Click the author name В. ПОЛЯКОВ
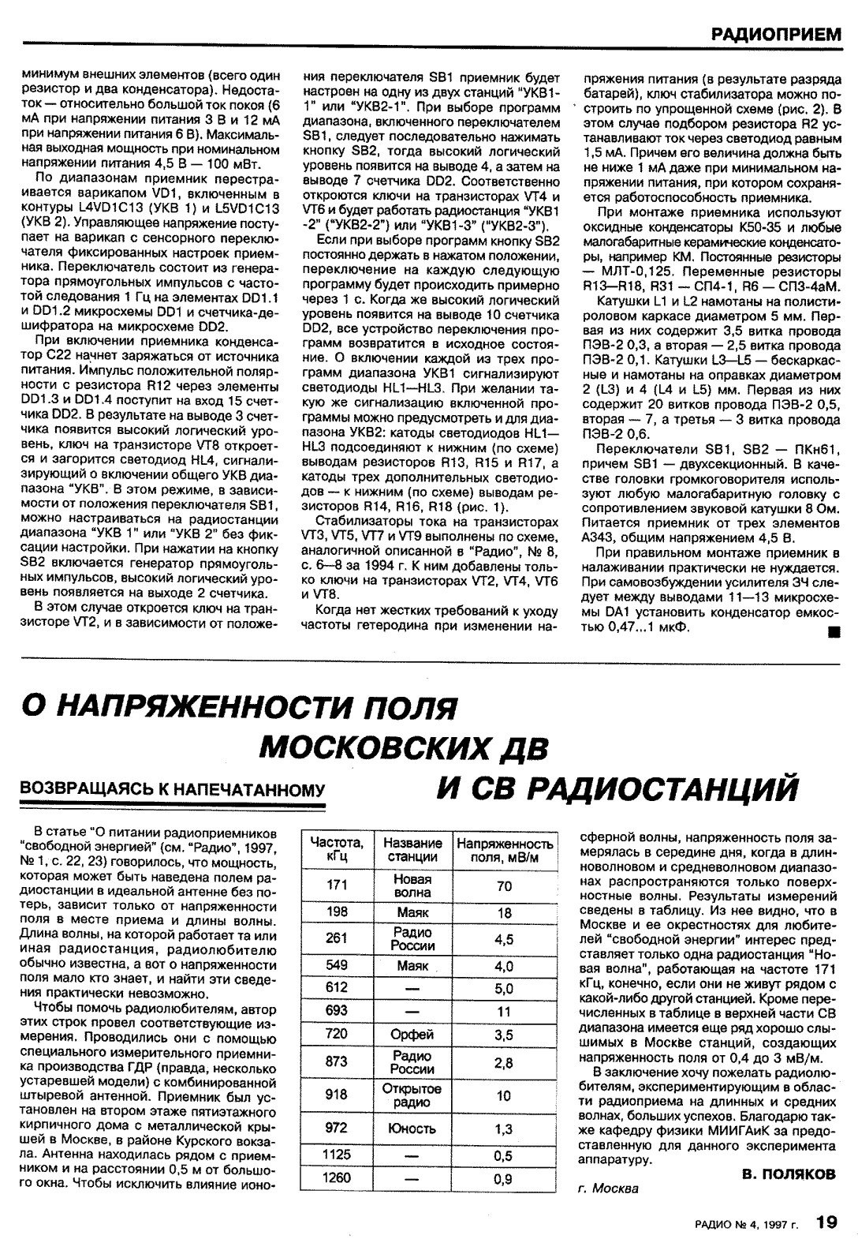click(x=788, y=1174)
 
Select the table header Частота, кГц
click(x=337, y=848)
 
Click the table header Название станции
click(x=412, y=848)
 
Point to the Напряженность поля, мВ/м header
click(x=505, y=848)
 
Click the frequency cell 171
click(x=337, y=885)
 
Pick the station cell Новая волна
click(x=412, y=885)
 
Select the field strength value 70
click(x=505, y=886)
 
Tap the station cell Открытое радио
click(x=412, y=1095)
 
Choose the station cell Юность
click(x=412, y=1129)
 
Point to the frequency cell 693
click(x=337, y=1011)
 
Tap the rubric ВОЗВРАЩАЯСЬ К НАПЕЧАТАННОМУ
click(x=171, y=788)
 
